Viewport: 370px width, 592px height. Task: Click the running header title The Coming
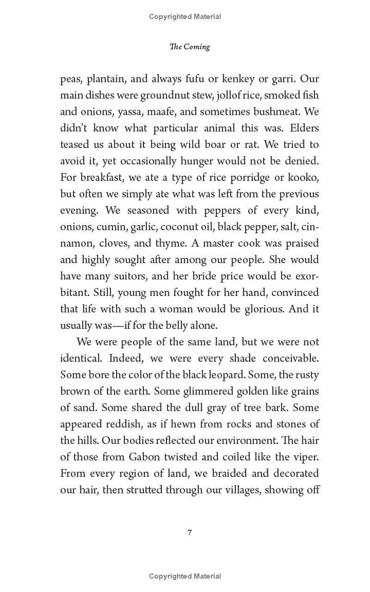pos(190,47)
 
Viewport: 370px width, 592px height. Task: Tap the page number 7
pos(190,532)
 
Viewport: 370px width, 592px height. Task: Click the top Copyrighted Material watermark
pos(185,17)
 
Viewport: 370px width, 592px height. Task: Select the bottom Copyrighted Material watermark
pos(185,576)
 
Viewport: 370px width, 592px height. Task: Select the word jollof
pos(239,95)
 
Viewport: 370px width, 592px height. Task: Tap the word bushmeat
pos(277,112)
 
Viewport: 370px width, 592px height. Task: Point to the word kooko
pos(303,178)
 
